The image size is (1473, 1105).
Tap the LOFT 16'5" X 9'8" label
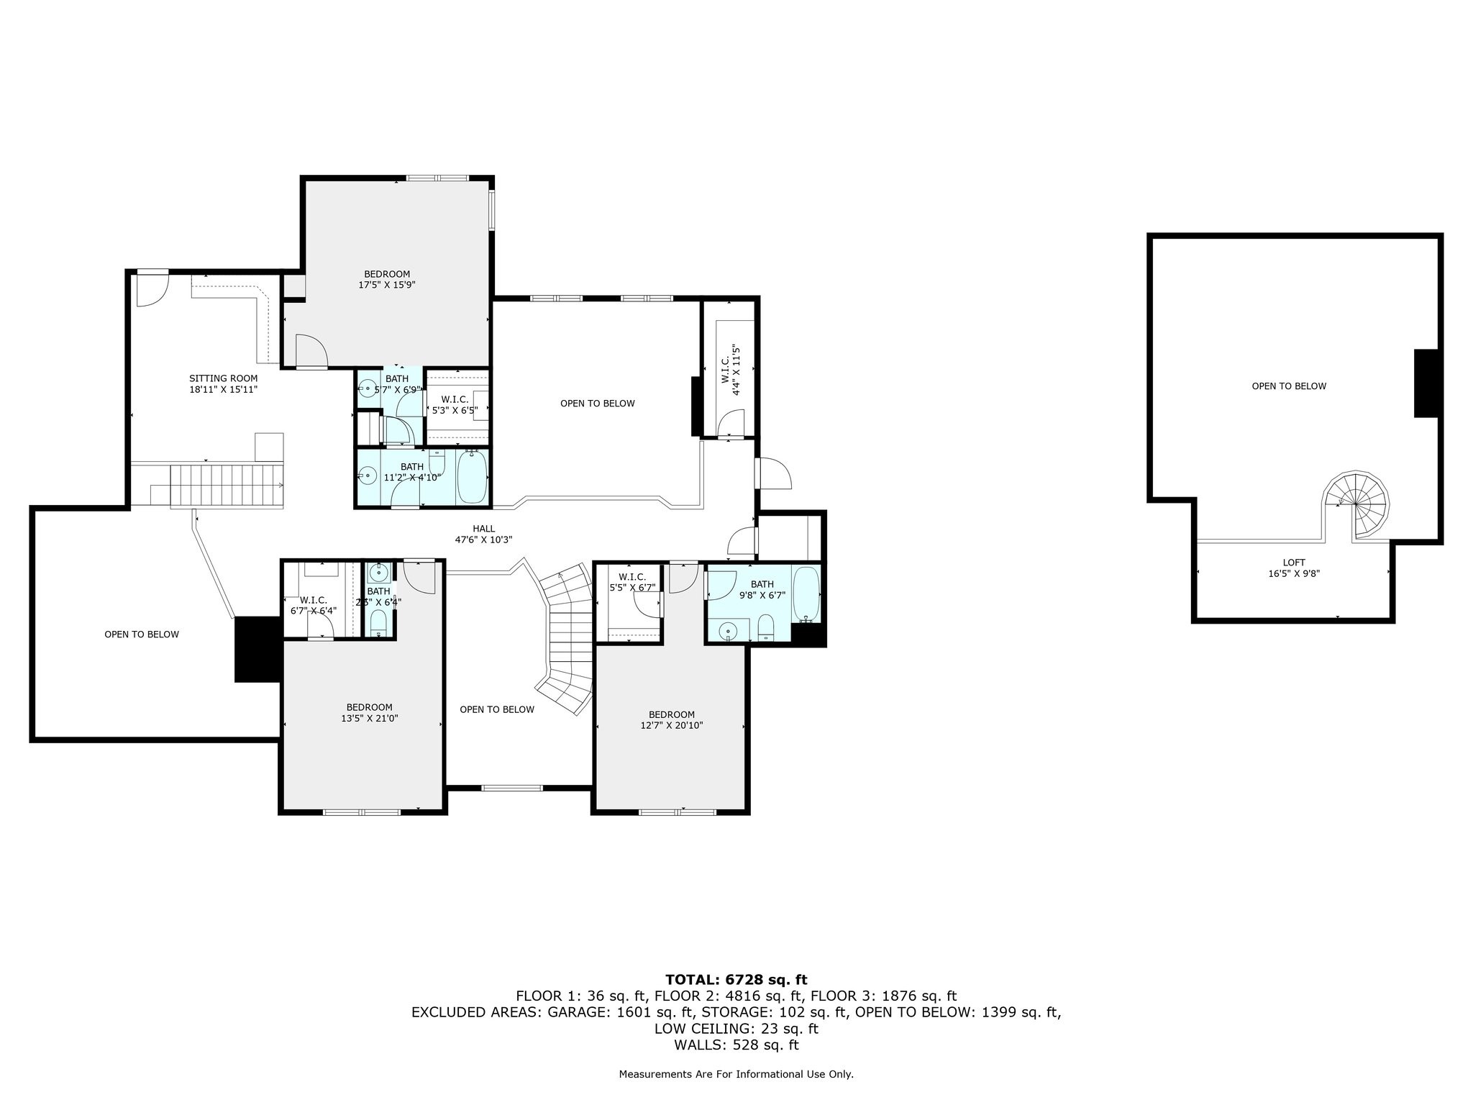tap(1294, 568)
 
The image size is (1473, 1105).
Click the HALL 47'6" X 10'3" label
tap(483, 534)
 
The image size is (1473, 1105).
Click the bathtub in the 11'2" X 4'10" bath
tap(472, 476)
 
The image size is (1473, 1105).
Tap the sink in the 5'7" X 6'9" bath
tap(367, 389)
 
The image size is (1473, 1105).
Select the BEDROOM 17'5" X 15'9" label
tap(387, 279)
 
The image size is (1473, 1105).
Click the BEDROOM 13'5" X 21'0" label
tap(369, 712)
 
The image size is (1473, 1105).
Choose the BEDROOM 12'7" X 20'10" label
tap(671, 719)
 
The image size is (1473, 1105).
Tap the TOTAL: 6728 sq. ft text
tap(736, 979)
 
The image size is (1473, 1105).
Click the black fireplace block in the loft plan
tap(1426, 383)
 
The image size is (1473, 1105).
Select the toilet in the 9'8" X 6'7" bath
tap(765, 627)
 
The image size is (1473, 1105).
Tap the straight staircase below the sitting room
tap(227, 486)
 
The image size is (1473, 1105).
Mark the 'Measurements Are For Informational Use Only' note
tap(736, 1074)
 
